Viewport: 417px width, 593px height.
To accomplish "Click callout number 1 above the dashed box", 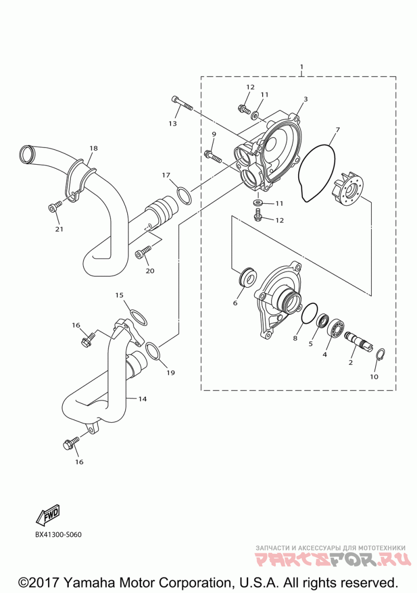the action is pyautogui.click(x=302, y=67).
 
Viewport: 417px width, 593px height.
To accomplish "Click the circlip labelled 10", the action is pyautogui.click(x=381, y=354).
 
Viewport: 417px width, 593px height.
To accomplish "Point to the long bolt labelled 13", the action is pyautogui.click(x=182, y=103).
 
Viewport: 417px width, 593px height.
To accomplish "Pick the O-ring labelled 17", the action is pyautogui.click(x=184, y=194).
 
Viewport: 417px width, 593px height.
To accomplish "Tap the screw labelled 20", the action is pyautogui.click(x=143, y=253).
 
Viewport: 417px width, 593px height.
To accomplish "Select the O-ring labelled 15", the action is pyautogui.click(x=138, y=317).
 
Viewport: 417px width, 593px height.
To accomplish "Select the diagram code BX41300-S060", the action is pyautogui.click(x=59, y=535).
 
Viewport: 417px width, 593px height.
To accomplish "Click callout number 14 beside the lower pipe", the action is pyautogui.click(x=142, y=399).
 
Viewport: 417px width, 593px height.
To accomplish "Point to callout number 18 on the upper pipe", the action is pyautogui.click(x=93, y=148).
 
